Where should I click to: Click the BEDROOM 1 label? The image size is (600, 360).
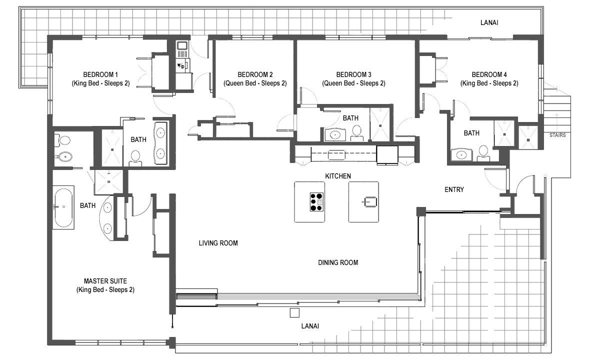[100, 74]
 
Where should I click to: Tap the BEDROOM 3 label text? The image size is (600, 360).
[353, 74]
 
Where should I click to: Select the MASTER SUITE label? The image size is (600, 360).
[105, 281]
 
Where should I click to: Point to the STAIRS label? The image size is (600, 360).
[557, 135]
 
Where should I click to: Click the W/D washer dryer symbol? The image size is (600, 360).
[181, 65]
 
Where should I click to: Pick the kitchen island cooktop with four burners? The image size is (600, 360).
[316, 202]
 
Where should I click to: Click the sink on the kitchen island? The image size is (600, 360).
[370, 201]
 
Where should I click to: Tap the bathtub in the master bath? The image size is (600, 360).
[63, 207]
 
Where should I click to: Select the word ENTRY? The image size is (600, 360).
[454, 189]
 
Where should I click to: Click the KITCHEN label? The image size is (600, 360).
[338, 176]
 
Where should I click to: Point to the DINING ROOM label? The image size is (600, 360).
[338, 262]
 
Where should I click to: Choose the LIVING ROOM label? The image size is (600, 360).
[218, 243]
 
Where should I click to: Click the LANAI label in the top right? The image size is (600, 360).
[489, 22]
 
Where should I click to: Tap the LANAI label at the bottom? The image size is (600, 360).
[310, 326]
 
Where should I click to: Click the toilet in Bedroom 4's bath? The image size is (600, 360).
[483, 153]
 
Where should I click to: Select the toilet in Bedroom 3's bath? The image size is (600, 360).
[357, 133]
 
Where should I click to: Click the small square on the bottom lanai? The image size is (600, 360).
[294, 313]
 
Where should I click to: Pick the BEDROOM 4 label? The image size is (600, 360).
[489, 74]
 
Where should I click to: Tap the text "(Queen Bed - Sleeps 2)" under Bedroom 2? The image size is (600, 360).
[255, 83]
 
